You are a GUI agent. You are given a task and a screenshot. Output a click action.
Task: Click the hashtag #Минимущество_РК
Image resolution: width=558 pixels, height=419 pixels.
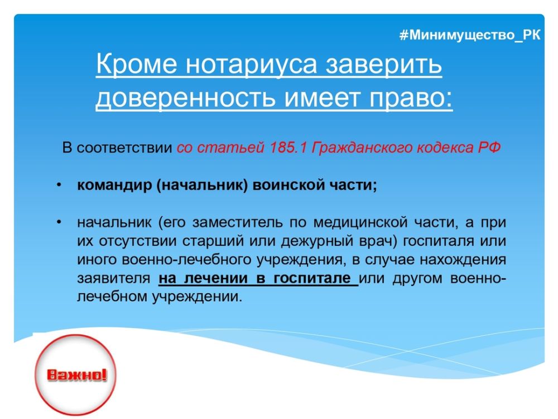coord(470,35)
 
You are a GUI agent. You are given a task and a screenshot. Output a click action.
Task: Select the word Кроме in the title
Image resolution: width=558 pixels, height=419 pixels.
coord(136,64)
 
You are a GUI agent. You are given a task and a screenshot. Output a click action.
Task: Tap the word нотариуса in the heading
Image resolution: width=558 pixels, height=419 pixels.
coord(251,65)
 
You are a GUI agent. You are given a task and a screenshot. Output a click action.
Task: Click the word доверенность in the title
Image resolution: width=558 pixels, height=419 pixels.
coord(185,98)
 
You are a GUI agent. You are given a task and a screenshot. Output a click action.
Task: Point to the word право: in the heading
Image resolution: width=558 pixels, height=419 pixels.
coord(411,98)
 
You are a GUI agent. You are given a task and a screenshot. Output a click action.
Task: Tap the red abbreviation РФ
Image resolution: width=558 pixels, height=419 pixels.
coord(489,147)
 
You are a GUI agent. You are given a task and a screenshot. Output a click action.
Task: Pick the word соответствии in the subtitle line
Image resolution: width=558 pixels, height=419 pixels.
coord(124,147)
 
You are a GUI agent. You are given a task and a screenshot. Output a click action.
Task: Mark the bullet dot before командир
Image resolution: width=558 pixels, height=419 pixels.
coord(59,185)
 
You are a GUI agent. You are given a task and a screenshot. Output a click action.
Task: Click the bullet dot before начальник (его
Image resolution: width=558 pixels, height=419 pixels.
coord(59,222)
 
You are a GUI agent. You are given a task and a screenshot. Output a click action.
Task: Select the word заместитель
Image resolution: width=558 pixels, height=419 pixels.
coord(237,222)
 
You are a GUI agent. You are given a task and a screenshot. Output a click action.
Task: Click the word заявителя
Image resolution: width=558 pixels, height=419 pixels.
coord(113,278)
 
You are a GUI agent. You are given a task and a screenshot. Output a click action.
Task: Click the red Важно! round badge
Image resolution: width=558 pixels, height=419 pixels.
coord(75,374)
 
